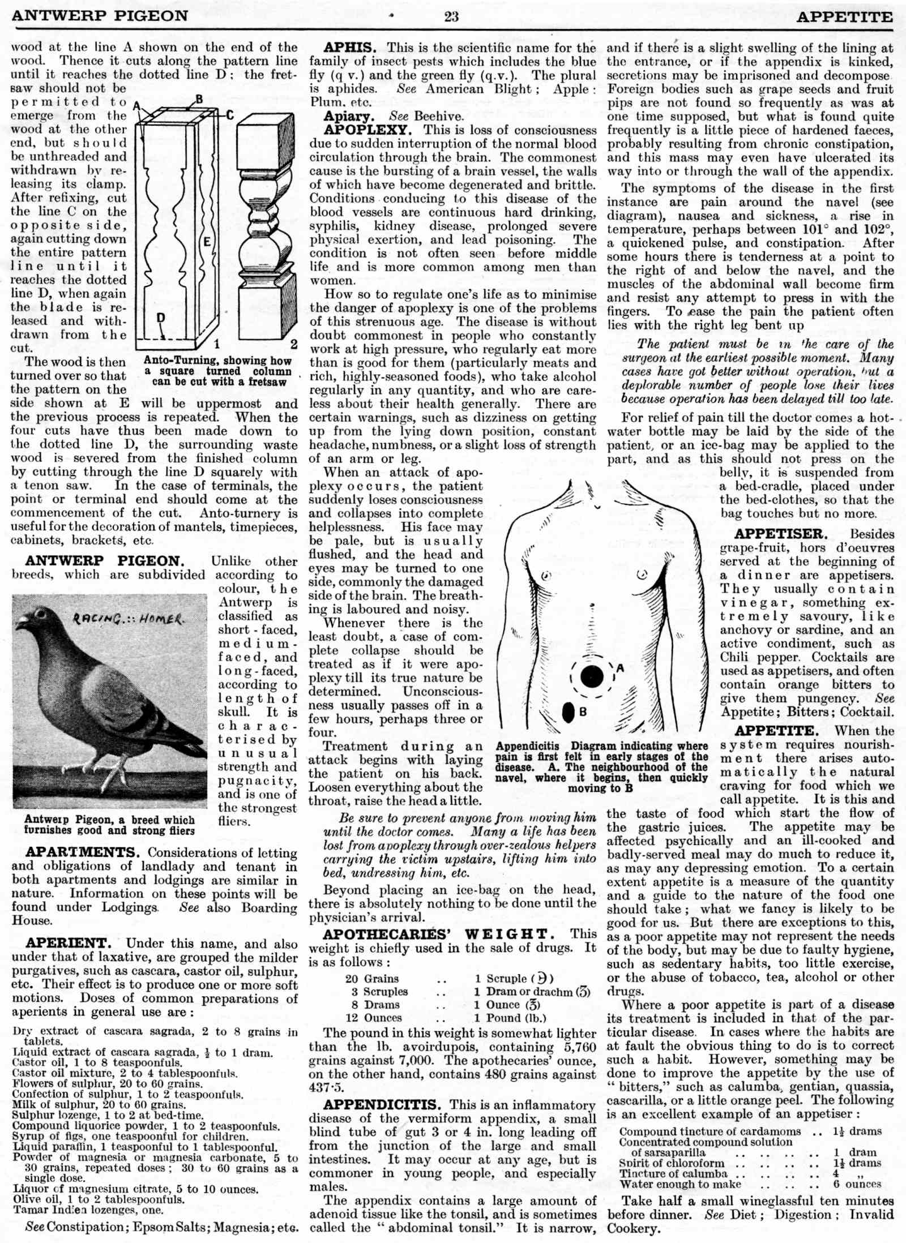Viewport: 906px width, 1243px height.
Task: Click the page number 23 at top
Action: click(x=451, y=16)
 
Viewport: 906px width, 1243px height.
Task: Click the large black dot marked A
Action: click(x=592, y=676)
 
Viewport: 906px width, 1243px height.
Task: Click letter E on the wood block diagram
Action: click(x=207, y=242)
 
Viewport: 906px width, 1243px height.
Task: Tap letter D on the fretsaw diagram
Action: click(x=161, y=318)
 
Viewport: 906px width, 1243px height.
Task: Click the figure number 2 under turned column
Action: click(x=294, y=344)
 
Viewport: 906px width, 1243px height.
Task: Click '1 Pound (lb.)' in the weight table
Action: click(x=510, y=1018)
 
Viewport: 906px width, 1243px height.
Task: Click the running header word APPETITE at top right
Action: click(x=844, y=16)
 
